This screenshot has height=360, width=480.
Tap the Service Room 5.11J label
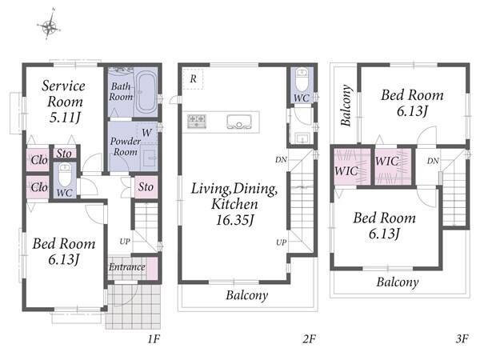tap(64, 102)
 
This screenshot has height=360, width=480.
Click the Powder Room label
tap(126, 146)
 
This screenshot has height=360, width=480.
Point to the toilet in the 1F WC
tap(65, 174)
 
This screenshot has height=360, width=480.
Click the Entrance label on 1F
tap(126, 267)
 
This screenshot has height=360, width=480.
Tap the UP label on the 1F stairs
tap(125, 242)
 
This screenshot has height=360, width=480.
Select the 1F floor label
tap(154, 339)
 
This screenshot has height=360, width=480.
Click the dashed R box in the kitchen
tap(193, 79)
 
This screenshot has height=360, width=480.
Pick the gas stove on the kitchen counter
tap(197, 121)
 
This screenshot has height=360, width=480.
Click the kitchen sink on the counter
tap(239, 122)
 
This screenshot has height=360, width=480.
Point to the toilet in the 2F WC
tap(302, 79)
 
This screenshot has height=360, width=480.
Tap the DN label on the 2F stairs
tap(281, 159)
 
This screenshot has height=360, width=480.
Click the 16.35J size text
tap(235, 220)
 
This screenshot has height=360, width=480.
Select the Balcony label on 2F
tap(247, 295)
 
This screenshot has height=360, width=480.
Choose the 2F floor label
tap(309, 339)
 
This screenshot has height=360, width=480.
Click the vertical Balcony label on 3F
tap(346, 106)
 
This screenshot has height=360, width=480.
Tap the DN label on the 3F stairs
tap(433, 161)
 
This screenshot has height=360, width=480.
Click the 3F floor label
tap(462, 339)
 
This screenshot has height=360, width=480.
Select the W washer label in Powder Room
tap(146, 133)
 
